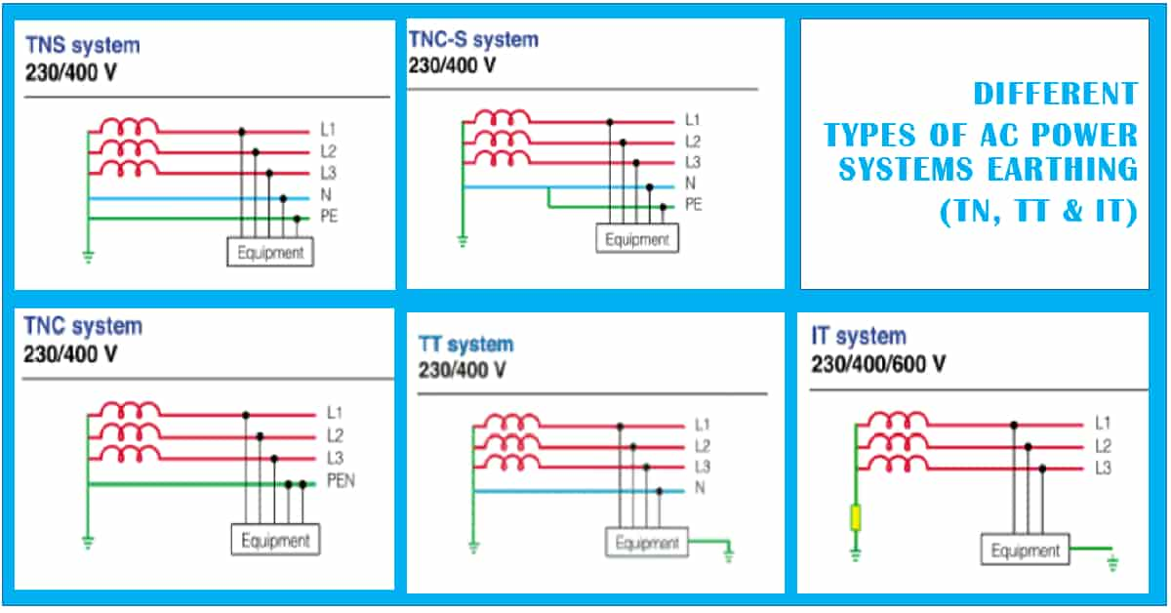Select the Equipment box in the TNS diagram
(270, 252)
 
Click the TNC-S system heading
(473, 40)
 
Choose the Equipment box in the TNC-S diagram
(636, 238)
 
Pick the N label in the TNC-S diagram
(690, 184)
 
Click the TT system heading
(465, 345)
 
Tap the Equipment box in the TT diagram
(647, 543)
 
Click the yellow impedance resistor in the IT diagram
(856, 517)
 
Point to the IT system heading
(859, 337)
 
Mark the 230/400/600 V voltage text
(877, 364)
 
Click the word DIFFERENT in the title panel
(1055, 94)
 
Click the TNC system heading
(83, 325)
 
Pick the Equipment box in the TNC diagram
(274, 540)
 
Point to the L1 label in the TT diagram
(703, 425)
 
